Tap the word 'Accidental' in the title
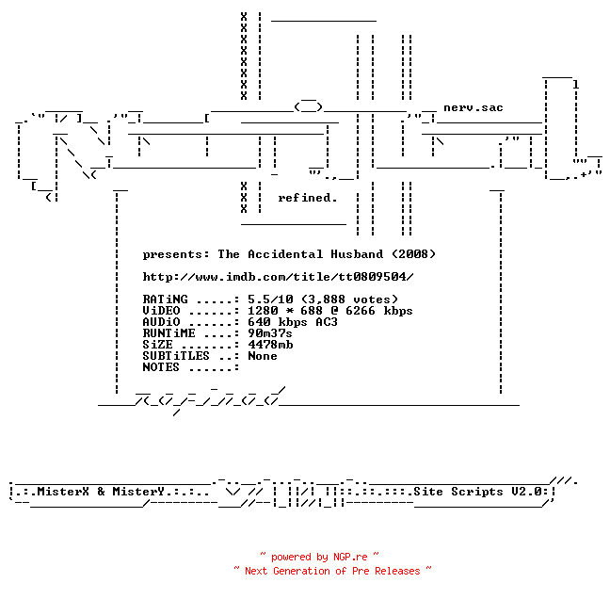(x=285, y=254)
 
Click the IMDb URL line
(x=278, y=277)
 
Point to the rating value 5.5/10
(x=270, y=299)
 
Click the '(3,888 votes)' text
(x=349, y=299)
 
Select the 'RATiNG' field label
(x=165, y=299)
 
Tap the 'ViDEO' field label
(x=161, y=311)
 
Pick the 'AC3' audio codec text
(x=327, y=322)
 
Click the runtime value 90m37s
(x=270, y=333)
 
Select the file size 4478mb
(x=270, y=345)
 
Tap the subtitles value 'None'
(x=263, y=356)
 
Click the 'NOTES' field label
(x=161, y=367)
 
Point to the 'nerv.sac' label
(x=474, y=107)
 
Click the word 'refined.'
(x=307, y=198)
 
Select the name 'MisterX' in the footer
(x=63, y=492)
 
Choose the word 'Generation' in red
(x=301, y=571)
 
